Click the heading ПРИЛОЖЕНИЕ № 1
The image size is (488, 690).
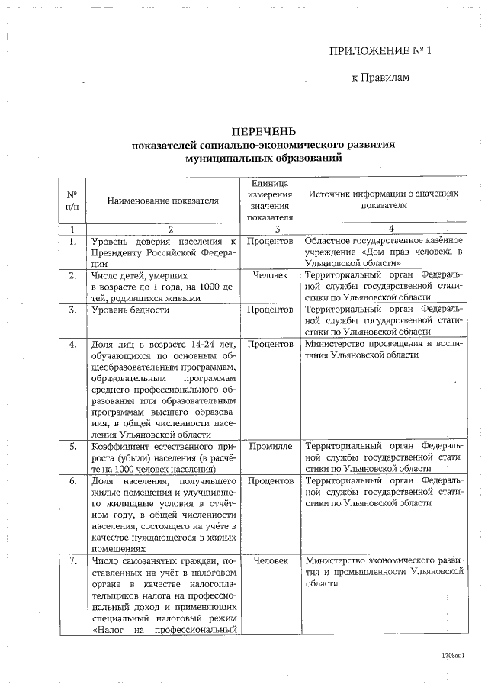point(380,52)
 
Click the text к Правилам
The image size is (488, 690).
point(380,78)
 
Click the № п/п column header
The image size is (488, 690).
point(72,201)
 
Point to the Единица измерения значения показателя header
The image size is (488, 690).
point(270,201)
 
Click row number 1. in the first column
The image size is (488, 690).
point(72,242)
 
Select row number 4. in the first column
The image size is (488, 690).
point(72,345)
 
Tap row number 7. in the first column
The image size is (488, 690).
point(72,561)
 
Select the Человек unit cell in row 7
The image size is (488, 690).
point(270,561)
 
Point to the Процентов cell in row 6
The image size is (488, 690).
point(270,482)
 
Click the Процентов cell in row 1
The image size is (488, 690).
point(270,242)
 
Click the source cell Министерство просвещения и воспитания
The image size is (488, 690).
point(383,350)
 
